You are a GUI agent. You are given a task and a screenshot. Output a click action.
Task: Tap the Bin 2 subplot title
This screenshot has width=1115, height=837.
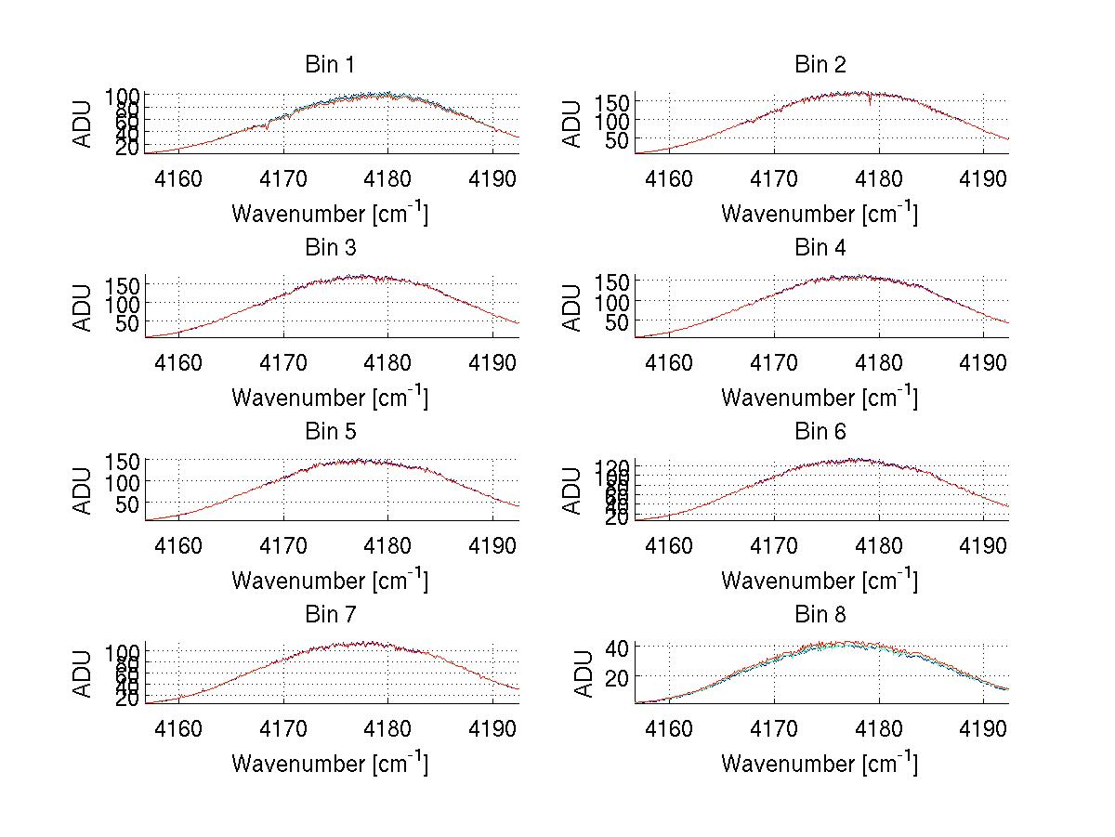pyautogui.click(x=820, y=65)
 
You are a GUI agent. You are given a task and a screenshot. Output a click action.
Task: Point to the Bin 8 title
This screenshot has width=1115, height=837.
pyautogui.click(x=820, y=615)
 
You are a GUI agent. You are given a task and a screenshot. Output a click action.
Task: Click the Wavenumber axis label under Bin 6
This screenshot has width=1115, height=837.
pyautogui.click(x=820, y=581)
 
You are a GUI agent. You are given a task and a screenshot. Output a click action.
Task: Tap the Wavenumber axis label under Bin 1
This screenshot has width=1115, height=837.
pyautogui.click(x=330, y=214)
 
